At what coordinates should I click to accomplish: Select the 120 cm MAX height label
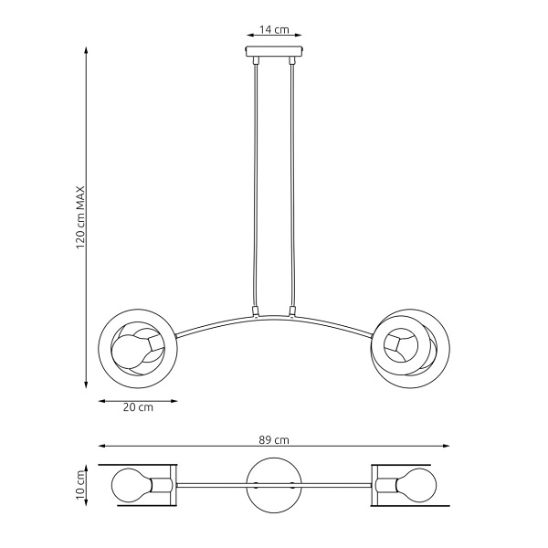click(x=80, y=216)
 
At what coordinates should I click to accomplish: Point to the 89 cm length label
click(x=274, y=439)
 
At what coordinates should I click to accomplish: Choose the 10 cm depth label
click(x=80, y=484)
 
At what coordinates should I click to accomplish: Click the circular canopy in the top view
click(x=274, y=484)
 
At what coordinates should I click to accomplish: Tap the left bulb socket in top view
click(x=164, y=484)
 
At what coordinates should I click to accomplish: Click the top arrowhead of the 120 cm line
click(x=87, y=47)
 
